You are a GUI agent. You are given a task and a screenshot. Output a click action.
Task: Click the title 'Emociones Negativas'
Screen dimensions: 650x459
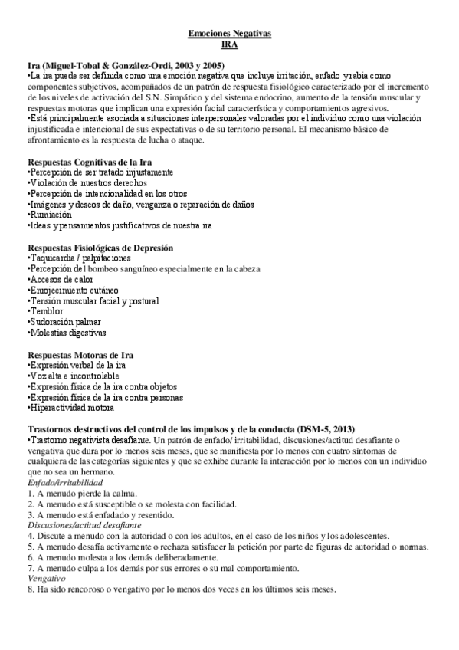[229, 34]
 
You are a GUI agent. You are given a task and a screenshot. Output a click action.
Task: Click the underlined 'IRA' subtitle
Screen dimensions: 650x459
[229, 45]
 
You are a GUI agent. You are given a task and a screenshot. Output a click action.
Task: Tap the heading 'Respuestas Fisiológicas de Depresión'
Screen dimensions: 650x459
[100, 248]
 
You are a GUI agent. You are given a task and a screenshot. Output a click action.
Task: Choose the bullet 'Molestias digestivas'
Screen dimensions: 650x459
[67, 333]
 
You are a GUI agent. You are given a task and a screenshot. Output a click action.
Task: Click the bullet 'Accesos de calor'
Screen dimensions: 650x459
[60, 280]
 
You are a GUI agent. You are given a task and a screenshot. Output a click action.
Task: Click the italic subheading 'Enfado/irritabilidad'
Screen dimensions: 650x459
[65, 484]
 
